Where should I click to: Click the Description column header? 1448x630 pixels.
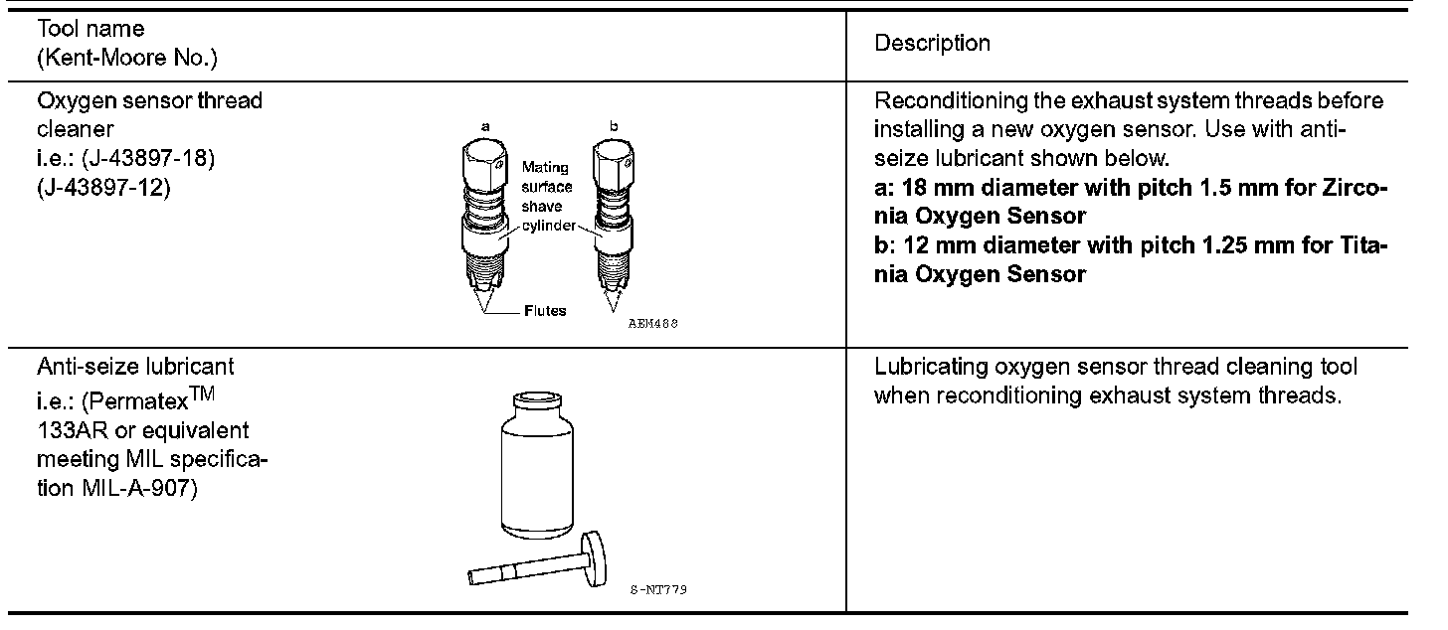coord(932,44)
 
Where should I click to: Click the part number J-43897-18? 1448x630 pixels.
coord(147,158)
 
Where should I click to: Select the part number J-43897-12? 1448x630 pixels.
coord(103,188)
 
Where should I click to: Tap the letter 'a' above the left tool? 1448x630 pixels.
coord(485,126)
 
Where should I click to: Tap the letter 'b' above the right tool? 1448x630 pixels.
coord(614,125)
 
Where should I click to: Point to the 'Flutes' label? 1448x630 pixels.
coord(545,311)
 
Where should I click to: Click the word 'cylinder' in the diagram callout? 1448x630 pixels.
coord(548,226)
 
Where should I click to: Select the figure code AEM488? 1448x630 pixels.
coord(652,323)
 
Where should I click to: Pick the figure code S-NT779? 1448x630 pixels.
coord(658,589)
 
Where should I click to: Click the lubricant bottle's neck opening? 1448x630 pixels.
coord(537,397)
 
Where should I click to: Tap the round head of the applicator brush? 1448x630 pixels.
coord(594,558)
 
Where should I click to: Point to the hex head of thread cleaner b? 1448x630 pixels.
coord(614,164)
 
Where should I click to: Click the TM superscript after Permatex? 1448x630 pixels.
coord(203,394)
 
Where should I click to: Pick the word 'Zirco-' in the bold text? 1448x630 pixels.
coord(1355,188)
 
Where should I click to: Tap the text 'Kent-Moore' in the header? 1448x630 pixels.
coord(105,59)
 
